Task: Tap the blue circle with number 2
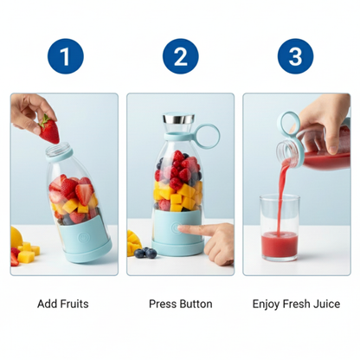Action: [x=180, y=57]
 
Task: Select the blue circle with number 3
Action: [x=295, y=57]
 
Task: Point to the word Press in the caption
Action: [x=162, y=305]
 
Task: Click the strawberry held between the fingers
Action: [x=50, y=131]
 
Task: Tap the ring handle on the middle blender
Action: [x=209, y=136]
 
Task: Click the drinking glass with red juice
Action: [x=279, y=223]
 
